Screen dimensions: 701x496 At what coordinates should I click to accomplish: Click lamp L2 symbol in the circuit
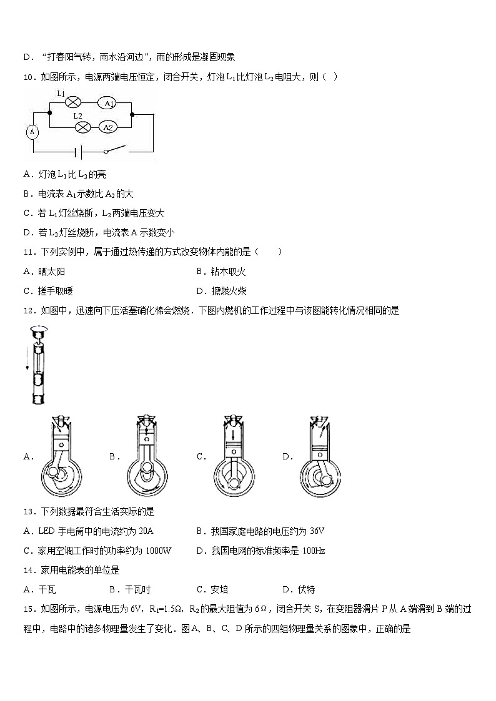tap(81, 127)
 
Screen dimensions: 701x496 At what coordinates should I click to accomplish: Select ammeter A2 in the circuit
tap(107, 127)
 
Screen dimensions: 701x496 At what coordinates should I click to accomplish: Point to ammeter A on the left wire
tap(32, 132)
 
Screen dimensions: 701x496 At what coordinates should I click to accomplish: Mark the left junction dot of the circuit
tap(49, 114)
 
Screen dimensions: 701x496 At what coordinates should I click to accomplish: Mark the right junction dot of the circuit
tap(132, 114)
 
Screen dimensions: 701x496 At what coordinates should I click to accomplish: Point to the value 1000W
tap(157, 551)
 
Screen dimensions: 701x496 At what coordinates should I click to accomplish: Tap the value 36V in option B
tap(316, 531)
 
